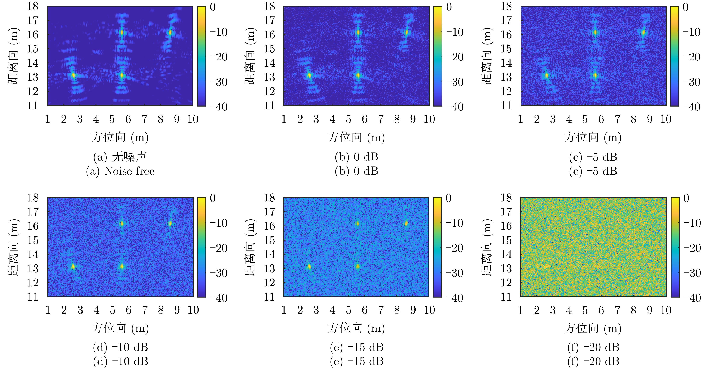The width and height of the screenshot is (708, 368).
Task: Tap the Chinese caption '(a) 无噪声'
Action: [120, 157]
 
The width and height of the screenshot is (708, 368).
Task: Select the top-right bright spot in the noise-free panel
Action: [170, 32]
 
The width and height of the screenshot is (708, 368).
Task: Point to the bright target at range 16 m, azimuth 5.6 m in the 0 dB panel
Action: [358, 32]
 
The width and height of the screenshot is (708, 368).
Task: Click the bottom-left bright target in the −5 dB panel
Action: [546, 75]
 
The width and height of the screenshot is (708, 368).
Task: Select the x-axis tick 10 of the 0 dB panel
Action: [429, 119]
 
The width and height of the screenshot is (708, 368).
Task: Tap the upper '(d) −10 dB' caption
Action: [120, 347]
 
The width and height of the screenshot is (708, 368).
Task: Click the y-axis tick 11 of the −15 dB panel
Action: [269, 297]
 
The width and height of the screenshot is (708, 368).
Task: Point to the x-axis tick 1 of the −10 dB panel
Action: [48, 310]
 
